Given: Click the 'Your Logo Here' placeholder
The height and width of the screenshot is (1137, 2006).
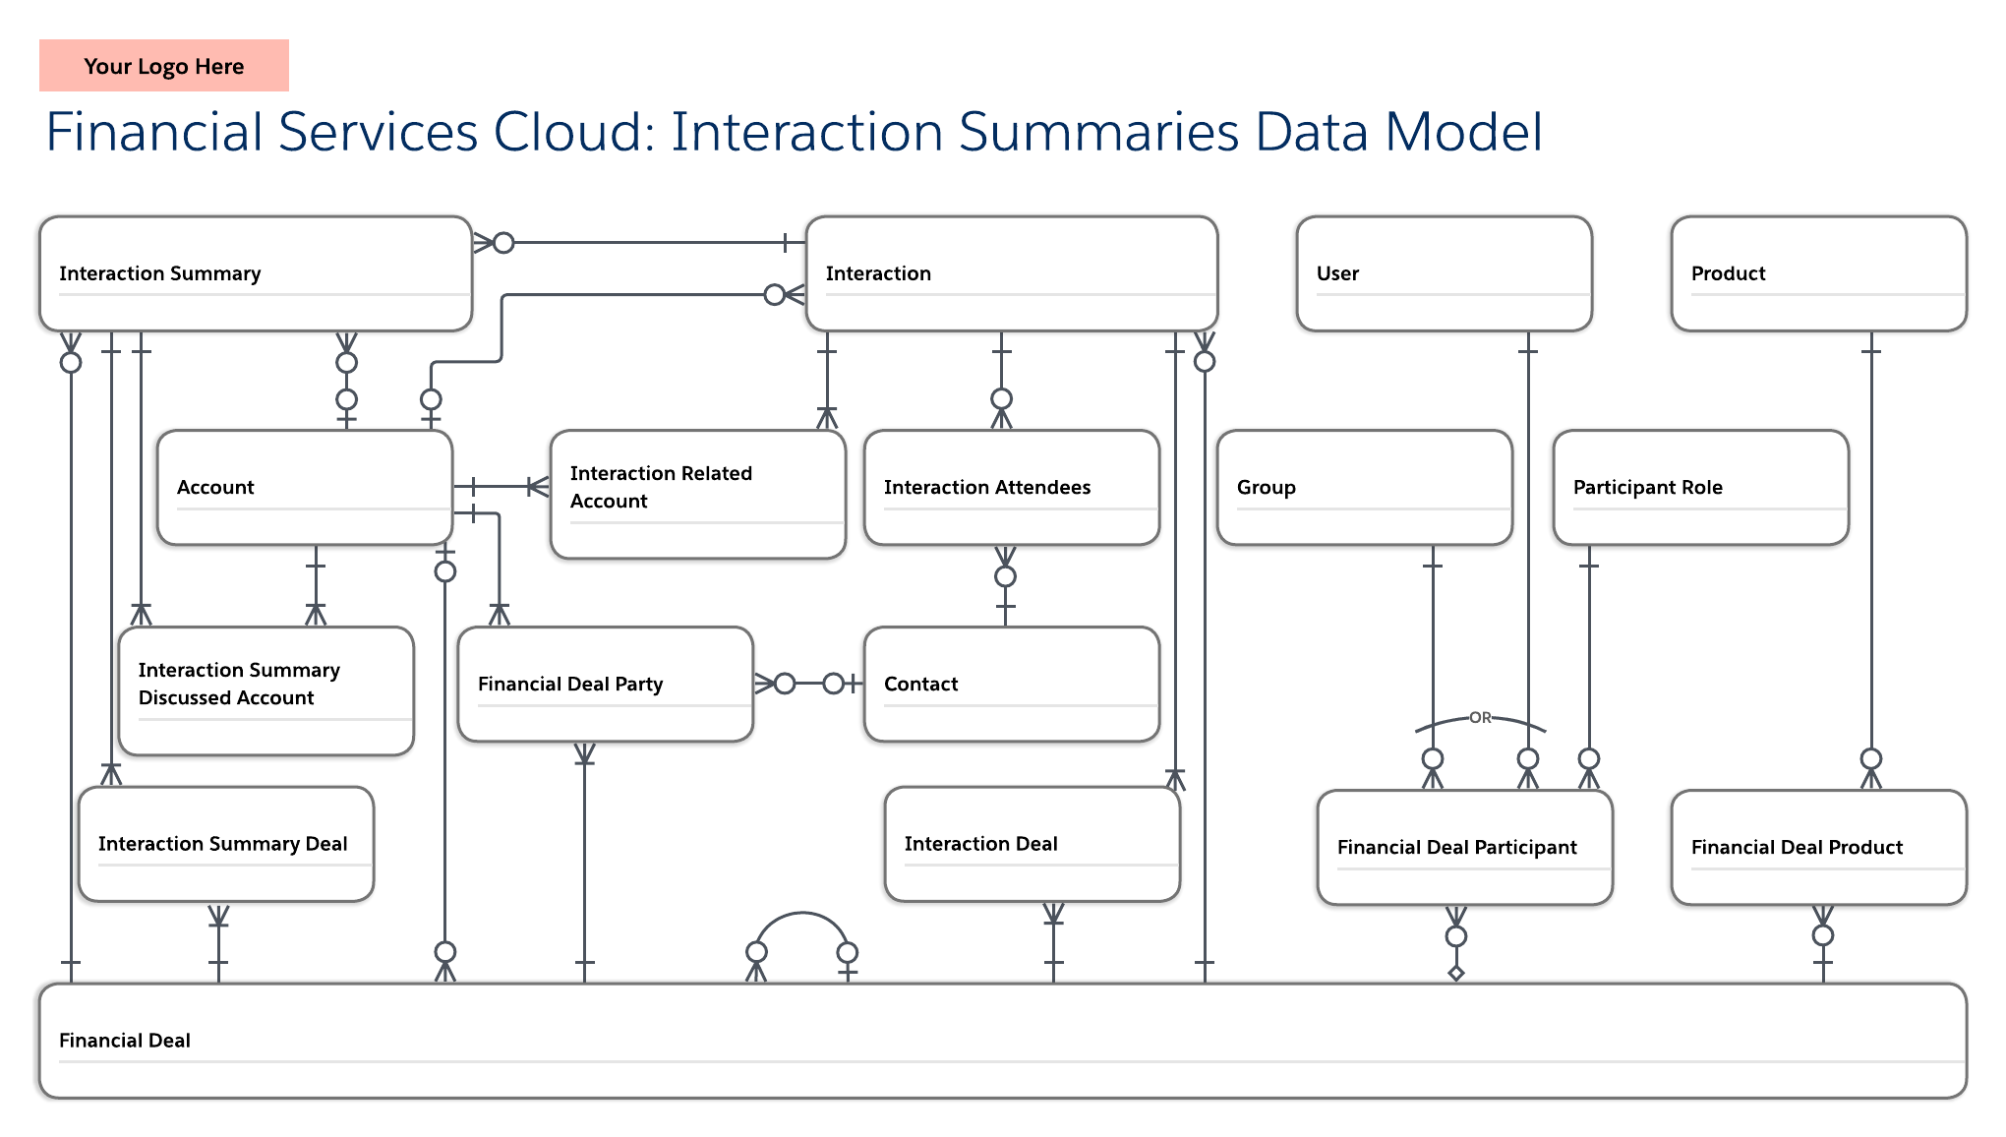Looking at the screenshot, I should (163, 66).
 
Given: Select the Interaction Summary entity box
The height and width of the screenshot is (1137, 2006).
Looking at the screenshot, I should (255, 273).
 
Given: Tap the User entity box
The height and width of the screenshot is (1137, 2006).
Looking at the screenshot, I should (1443, 273).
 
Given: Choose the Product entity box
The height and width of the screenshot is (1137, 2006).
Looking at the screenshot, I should (1817, 273).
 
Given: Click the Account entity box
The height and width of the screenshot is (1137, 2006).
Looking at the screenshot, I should (304, 487).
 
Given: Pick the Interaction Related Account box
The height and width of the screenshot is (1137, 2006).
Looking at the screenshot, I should (697, 494).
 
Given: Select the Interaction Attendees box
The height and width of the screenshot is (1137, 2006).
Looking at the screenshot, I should (1011, 487).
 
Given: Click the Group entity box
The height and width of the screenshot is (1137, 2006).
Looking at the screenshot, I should (1364, 487).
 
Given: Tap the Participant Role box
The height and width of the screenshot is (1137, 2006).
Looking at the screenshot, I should (1700, 487).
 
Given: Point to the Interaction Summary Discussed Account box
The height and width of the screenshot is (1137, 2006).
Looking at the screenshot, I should (265, 690).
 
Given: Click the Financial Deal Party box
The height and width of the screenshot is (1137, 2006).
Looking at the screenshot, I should (605, 684).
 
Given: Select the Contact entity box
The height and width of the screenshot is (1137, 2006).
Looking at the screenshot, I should (1011, 684).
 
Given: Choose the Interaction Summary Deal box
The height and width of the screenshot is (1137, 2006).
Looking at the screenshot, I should (225, 844).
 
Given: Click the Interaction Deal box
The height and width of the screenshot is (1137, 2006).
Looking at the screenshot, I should (1032, 844).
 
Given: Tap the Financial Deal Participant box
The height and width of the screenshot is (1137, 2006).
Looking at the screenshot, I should (1464, 847).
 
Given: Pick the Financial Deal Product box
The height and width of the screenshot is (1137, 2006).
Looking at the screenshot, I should (1817, 847).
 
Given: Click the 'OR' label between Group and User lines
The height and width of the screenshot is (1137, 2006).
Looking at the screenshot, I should (1480, 718).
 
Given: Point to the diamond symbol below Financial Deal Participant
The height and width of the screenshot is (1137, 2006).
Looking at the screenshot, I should (1456, 974).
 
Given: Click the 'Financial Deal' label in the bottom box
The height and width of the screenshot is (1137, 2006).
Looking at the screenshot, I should (125, 1041).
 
